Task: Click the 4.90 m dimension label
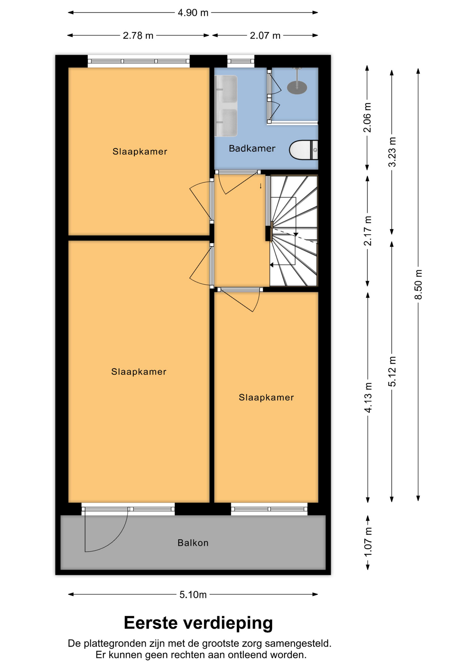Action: (x=193, y=13)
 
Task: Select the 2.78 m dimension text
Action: (x=138, y=36)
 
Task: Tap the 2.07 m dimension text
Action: (x=265, y=36)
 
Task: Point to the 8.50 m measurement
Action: (x=418, y=284)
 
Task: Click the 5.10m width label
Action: (x=193, y=594)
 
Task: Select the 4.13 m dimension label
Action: (x=368, y=397)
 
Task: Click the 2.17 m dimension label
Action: (x=368, y=231)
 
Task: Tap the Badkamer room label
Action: (x=252, y=148)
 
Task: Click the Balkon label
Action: (x=193, y=543)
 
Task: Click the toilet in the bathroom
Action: (x=303, y=150)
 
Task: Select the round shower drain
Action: (x=297, y=88)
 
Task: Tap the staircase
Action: (x=294, y=231)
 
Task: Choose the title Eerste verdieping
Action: (x=198, y=623)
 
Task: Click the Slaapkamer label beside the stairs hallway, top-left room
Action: (x=140, y=152)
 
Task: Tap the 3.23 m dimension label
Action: (x=392, y=152)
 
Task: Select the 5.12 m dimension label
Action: (x=392, y=371)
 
